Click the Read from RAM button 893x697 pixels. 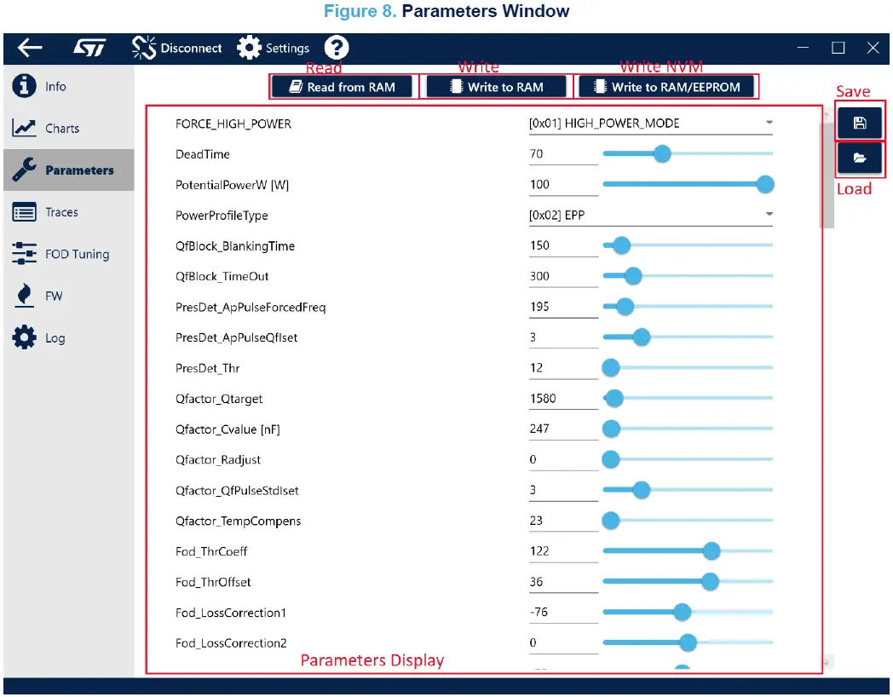pos(342,87)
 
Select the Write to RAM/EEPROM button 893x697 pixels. pos(667,87)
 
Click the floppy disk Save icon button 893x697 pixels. pos(860,123)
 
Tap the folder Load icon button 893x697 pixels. pos(860,158)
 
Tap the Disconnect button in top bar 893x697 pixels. pos(177,49)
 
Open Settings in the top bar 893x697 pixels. pos(274,49)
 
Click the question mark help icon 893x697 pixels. pos(337,48)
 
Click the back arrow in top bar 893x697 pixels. pos(30,48)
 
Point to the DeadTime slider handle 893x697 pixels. pos(661,154)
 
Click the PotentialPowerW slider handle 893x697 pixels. pos(765,184)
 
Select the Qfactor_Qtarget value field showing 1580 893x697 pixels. pos(562,399)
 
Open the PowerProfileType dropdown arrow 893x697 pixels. pos(769,214)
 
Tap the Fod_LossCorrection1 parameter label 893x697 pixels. pos(231,613)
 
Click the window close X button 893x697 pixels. pos(873,48)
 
